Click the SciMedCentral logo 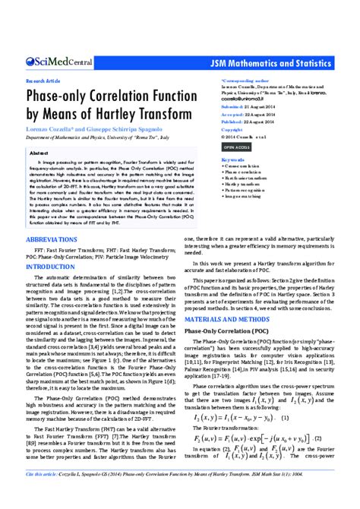click(x=58, y=63)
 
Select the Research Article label click(x=43, y=79)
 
